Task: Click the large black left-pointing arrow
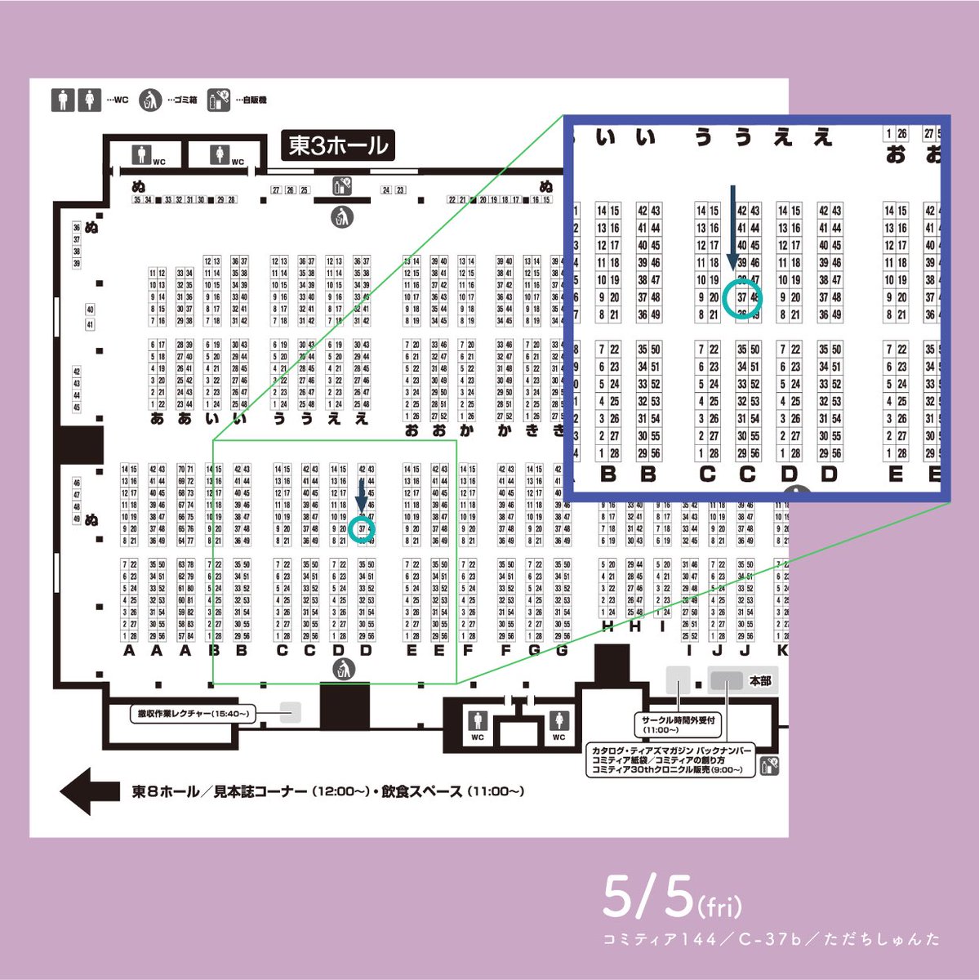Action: [x=90, y=791]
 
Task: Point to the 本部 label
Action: [x=759, y=680]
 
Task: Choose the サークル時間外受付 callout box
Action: [x=679, y=724]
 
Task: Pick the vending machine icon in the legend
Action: [x=218, y=100]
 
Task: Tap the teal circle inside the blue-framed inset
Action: [x=742, y=297]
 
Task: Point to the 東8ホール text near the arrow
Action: [x=165, y=791]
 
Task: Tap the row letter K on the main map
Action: [x=781, y=651]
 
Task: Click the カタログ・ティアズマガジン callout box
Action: [x=670, y=759]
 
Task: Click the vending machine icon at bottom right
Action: [x=768, y=765]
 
